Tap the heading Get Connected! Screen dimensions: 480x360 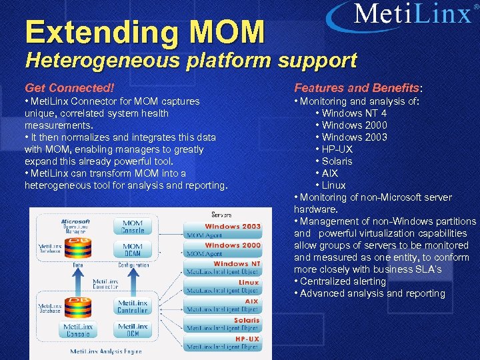click(69, 87)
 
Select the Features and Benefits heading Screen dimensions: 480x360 click(358, 87)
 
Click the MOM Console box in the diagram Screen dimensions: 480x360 click(133, 227)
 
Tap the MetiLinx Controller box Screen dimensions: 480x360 click(133, 307)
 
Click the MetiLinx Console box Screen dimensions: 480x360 click(77, 329)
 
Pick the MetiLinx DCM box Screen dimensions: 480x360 click(133, 329)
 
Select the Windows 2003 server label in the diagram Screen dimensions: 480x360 click(232, 227)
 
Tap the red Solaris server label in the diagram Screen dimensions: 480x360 click(246, 320)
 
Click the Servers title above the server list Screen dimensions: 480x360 click(221, 215)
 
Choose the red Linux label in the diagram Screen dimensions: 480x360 click(248, 283)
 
